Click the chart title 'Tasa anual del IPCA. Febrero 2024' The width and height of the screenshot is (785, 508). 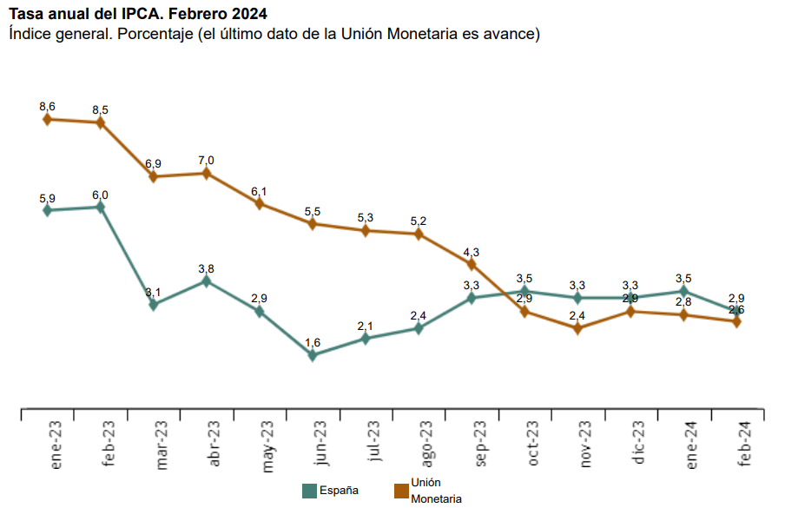point(137,14)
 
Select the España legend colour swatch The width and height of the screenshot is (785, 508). point(308,491)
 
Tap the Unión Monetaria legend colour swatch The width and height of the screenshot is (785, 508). point(400,491)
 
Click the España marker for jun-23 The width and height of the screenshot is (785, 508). point(313,354)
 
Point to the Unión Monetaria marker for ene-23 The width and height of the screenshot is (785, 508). point(48,119)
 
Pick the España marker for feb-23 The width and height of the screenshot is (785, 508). point(101,207)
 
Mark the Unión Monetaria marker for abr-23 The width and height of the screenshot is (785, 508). point(207,173)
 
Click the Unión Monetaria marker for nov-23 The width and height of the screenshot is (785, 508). point(577,328)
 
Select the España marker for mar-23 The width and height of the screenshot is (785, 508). point(154,304)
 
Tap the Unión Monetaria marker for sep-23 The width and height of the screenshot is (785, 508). point(472,264)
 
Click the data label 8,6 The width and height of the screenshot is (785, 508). point(48,106)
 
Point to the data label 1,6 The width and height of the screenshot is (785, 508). point(313,342)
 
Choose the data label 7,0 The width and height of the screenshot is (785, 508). point(207,160)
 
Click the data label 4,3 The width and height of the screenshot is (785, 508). point(472,252)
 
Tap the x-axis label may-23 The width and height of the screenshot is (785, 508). point(267,445)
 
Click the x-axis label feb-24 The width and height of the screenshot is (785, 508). point(744,444)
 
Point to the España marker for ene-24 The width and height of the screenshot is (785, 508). point(683,291)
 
